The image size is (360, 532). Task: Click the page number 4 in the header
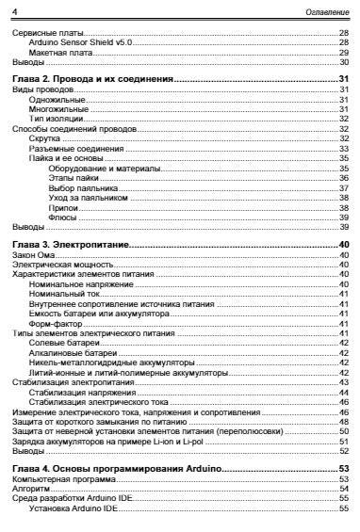point(13,10)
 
